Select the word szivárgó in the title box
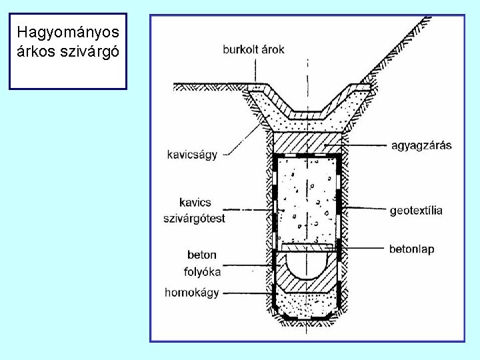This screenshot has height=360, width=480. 89,51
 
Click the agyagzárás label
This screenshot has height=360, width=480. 419,145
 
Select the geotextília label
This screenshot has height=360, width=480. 416,210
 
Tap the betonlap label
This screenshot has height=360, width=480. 412,249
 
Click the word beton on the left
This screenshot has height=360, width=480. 202,255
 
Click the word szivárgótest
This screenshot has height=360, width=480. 194,218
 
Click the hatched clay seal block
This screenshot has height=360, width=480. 307,142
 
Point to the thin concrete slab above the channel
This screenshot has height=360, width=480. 307,247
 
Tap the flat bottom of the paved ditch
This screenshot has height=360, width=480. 308,114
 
